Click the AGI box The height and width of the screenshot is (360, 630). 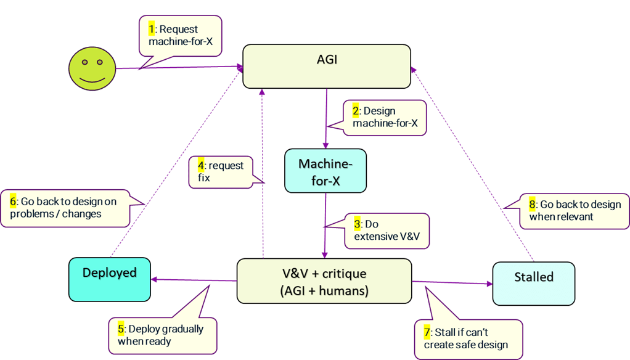327,66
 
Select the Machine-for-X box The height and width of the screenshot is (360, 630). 325,171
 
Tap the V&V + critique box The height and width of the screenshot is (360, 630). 324,281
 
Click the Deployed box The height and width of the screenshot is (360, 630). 110,279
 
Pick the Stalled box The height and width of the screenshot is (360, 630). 533,283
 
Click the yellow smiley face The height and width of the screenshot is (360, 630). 92,67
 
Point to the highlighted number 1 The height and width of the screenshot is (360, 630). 152,29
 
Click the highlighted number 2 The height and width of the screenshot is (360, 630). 356,111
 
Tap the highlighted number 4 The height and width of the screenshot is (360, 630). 201,165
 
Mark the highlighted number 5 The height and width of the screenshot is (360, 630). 121,329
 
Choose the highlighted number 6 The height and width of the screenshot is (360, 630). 13,201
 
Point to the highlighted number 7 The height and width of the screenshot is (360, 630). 427,332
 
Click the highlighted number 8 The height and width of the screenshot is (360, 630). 533,204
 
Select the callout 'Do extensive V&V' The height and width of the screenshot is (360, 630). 387,230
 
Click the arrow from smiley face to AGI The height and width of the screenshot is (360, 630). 179,67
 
